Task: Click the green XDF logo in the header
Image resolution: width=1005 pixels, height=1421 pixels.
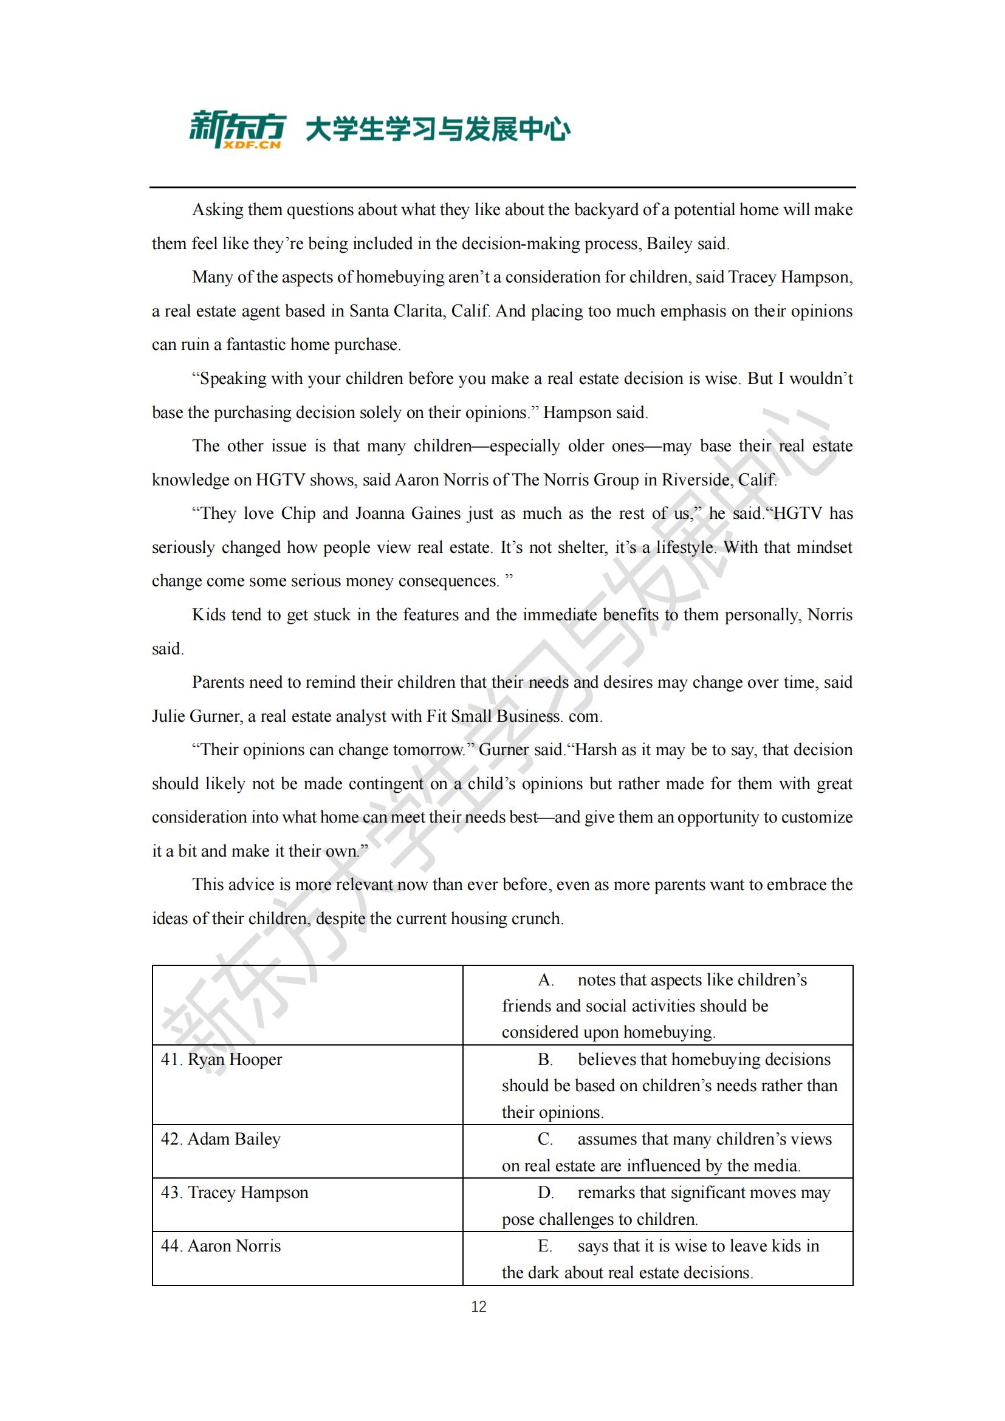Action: click(237, 129)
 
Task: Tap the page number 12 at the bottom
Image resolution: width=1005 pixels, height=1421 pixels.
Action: click(478, 1307)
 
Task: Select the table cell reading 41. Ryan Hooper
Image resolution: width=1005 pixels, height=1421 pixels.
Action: click(221, 1060)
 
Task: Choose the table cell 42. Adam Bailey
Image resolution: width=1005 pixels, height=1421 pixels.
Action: click(221, 1139)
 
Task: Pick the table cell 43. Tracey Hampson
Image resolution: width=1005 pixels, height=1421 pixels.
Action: click(234, 1193)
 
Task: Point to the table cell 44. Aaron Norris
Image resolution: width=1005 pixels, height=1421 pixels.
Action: click(221, 1246)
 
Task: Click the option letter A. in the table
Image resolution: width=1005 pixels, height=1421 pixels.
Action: click(546, 980)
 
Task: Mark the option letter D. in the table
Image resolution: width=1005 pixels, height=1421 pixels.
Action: click(546, 1193)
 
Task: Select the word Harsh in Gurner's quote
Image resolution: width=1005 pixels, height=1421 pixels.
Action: click(597, 750)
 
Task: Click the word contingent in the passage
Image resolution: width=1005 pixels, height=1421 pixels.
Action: click(386, 784)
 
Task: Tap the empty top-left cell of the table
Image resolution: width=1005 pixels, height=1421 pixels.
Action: click(307, 1005)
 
